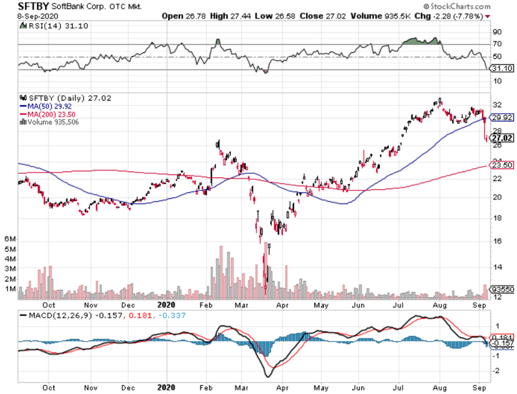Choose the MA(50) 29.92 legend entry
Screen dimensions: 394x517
pos(44,107)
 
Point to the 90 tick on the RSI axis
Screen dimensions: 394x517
pos(497,31)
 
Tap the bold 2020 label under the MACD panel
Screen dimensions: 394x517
pos(166,388)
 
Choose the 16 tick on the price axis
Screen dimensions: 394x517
pos(497,241)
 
